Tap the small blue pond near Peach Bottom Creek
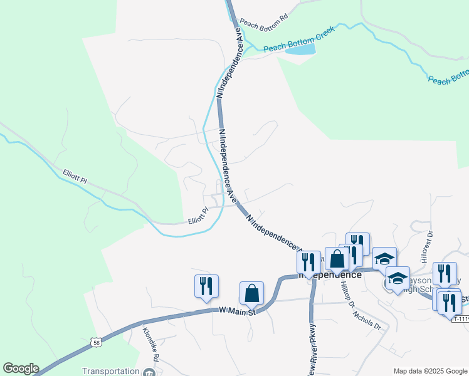300,50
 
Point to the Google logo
20,368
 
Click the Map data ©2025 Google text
430,371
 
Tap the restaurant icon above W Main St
206,286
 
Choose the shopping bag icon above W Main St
251,293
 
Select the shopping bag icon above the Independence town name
337,259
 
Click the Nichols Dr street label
371,318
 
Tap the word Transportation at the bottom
111,372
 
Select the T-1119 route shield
460,319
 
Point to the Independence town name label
330,275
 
